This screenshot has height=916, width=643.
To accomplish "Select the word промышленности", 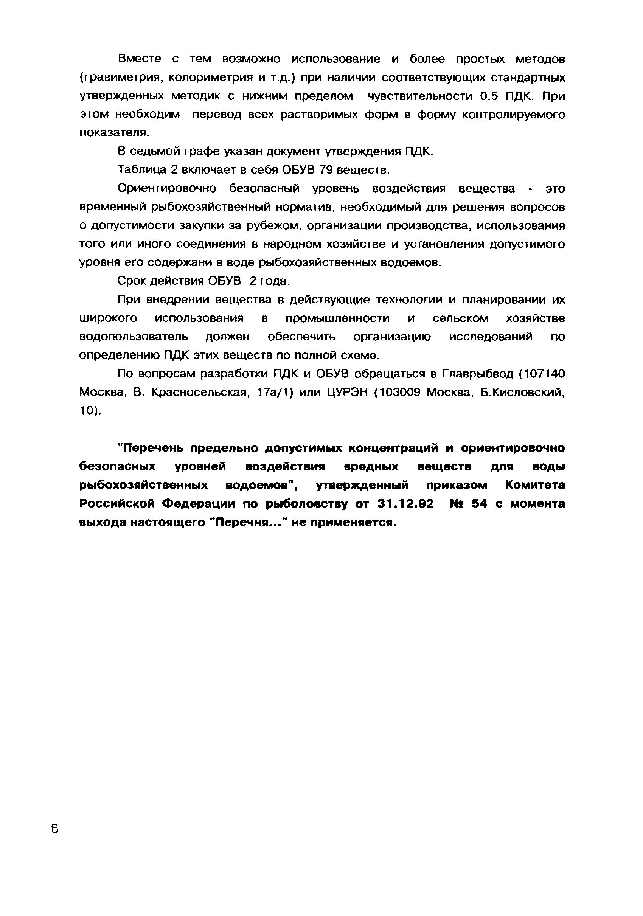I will (x=337, y=318).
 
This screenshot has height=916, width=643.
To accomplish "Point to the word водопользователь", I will (x=133, y=337).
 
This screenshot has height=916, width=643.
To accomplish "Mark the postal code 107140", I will (x=545, y=374).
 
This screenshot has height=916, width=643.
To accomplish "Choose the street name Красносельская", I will (x=200, y=393).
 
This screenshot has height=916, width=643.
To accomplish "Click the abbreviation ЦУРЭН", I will (x=346, y=393).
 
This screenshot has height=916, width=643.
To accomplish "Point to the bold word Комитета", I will (x=535, y=485).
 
